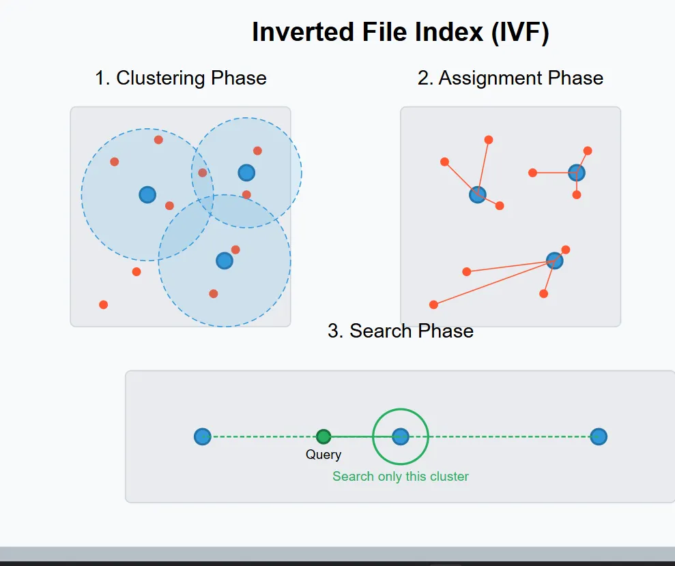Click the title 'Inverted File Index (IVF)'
[x=400, y=32]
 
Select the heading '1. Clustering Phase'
[x=181, y=78]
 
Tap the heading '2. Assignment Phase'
[x=510, y=78]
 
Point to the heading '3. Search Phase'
[x=401, y=331]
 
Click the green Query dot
[x=324, y=436]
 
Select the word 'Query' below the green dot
[x=324, y=455]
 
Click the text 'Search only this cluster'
[x=401, y=477]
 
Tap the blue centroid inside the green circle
[x=401, y=436]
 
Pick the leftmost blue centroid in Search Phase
[x=202, y=436]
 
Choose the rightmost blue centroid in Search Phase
[x=599, y=436]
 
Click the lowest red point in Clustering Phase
[x=103, y=305]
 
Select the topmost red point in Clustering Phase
[x=158, y=140]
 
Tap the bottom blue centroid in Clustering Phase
[x=225, y=260]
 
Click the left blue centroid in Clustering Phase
[x=147, y=194]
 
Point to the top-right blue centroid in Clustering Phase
[x=246, y=173]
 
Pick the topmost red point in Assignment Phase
[x=489, y=140]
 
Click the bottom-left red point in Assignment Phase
[x=433, y=305]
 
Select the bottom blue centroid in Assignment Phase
[x=555, y=260]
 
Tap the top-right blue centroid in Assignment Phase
[x=577, y=173]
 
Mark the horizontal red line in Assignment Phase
[x=553, y=173]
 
